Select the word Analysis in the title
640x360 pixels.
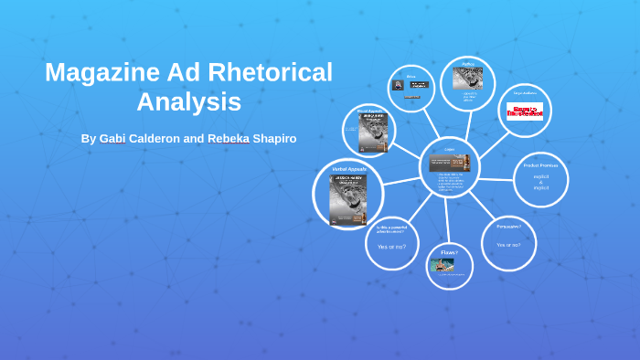(188, 101)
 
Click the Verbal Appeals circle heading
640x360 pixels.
(348, 170)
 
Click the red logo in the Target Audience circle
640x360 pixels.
(525, 111)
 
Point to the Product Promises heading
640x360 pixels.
(540, 165)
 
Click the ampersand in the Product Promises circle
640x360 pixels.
(540, 182)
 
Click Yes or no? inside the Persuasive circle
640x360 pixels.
(509, 245)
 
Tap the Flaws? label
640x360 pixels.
(449, 251)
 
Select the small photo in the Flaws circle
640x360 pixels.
(443, 266)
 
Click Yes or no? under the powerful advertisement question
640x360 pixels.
(391, 247)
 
